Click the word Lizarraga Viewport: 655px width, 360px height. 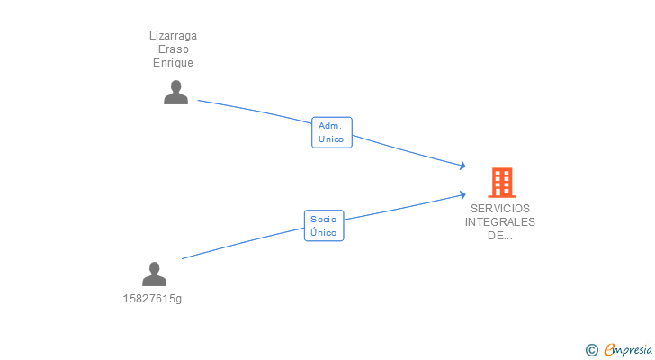tap(173, 36)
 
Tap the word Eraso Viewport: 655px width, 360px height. tap(174, 49)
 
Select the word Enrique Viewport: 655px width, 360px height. tap(173, 63)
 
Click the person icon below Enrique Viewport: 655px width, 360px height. tap(175, 93)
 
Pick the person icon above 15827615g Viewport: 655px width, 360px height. tap(154, 274)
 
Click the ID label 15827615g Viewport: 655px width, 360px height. tap(152, 299)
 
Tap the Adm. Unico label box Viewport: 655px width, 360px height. tap(332, 132)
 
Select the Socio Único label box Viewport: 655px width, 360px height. tap(324, 226)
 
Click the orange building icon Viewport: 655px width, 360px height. tap(502, 183)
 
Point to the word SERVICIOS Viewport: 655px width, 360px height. tap(500, 209)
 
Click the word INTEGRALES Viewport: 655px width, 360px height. tap(500, 221)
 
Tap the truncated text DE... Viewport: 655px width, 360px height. tap(500, 236)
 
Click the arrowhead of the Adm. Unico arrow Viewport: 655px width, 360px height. tap(463, 166)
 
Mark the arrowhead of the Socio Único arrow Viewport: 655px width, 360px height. tap(463, 194)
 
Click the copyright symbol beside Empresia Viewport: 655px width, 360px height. tap(591, 350)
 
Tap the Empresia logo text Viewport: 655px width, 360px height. tap(628, 349)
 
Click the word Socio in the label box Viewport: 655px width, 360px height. tap(323, 220)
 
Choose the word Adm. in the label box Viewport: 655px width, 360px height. tap(330, 126)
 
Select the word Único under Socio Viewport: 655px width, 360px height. tap(323, 232)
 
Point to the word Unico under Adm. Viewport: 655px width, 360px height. tap(331, 139)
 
